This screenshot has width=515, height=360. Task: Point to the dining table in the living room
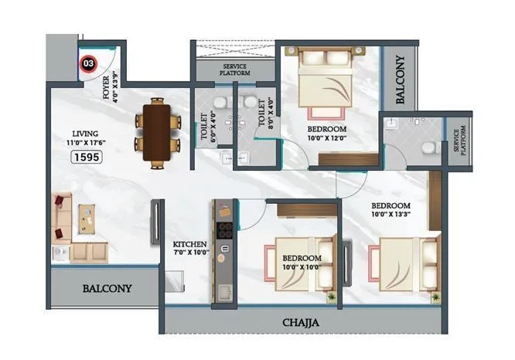click(x=157, y=131)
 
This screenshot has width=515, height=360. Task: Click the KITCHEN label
click(x=189, y=246)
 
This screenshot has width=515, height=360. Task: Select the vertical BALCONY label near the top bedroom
click(x=401, y=79)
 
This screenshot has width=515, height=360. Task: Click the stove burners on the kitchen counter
click(x=226, y=229)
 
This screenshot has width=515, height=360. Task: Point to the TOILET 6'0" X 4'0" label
click(x=206, y=124)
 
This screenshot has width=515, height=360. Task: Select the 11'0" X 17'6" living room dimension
click(x=87, y=143)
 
